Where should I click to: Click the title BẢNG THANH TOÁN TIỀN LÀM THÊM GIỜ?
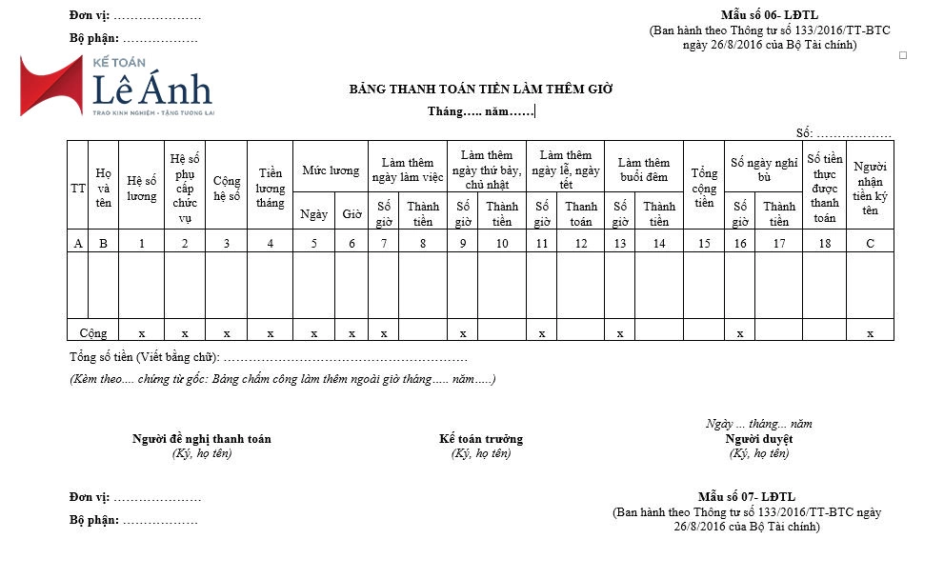481,90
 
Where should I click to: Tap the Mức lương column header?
331,170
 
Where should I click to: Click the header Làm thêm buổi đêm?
644,170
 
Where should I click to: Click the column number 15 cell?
704,243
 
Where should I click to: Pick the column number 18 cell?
824,243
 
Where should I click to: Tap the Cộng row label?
93,333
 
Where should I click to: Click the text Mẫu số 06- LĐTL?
769,15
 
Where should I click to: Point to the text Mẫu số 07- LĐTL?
746,497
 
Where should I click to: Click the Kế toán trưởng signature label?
481,439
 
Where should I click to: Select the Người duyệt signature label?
758,439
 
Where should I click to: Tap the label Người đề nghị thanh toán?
201,439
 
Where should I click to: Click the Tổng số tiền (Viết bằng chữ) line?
268,357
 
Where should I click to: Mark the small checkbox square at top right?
903,55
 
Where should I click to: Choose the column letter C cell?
870,243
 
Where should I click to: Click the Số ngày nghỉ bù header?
764,170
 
